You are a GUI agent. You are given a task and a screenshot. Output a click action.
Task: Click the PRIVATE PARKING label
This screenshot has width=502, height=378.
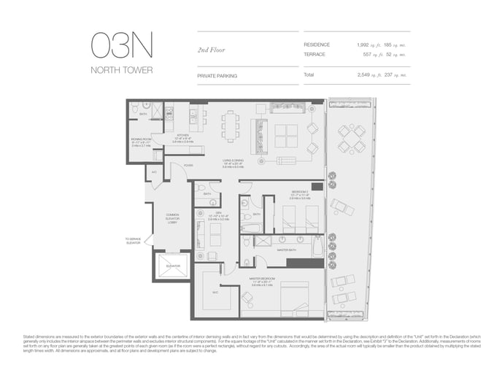click(217, 75)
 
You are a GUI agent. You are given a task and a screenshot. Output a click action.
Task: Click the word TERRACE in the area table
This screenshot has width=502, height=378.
click(317, 54)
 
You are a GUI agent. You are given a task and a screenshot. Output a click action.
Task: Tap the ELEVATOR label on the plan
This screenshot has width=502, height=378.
click(172, 266)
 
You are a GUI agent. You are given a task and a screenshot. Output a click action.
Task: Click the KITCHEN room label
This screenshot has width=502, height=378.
click(182, 136)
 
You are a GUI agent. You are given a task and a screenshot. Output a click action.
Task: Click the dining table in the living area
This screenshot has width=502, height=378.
click(231, 128)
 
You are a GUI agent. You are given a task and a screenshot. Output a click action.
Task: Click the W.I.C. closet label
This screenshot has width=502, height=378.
click(216, 293)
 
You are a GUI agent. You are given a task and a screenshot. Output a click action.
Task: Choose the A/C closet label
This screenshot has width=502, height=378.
click(154, 172)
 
